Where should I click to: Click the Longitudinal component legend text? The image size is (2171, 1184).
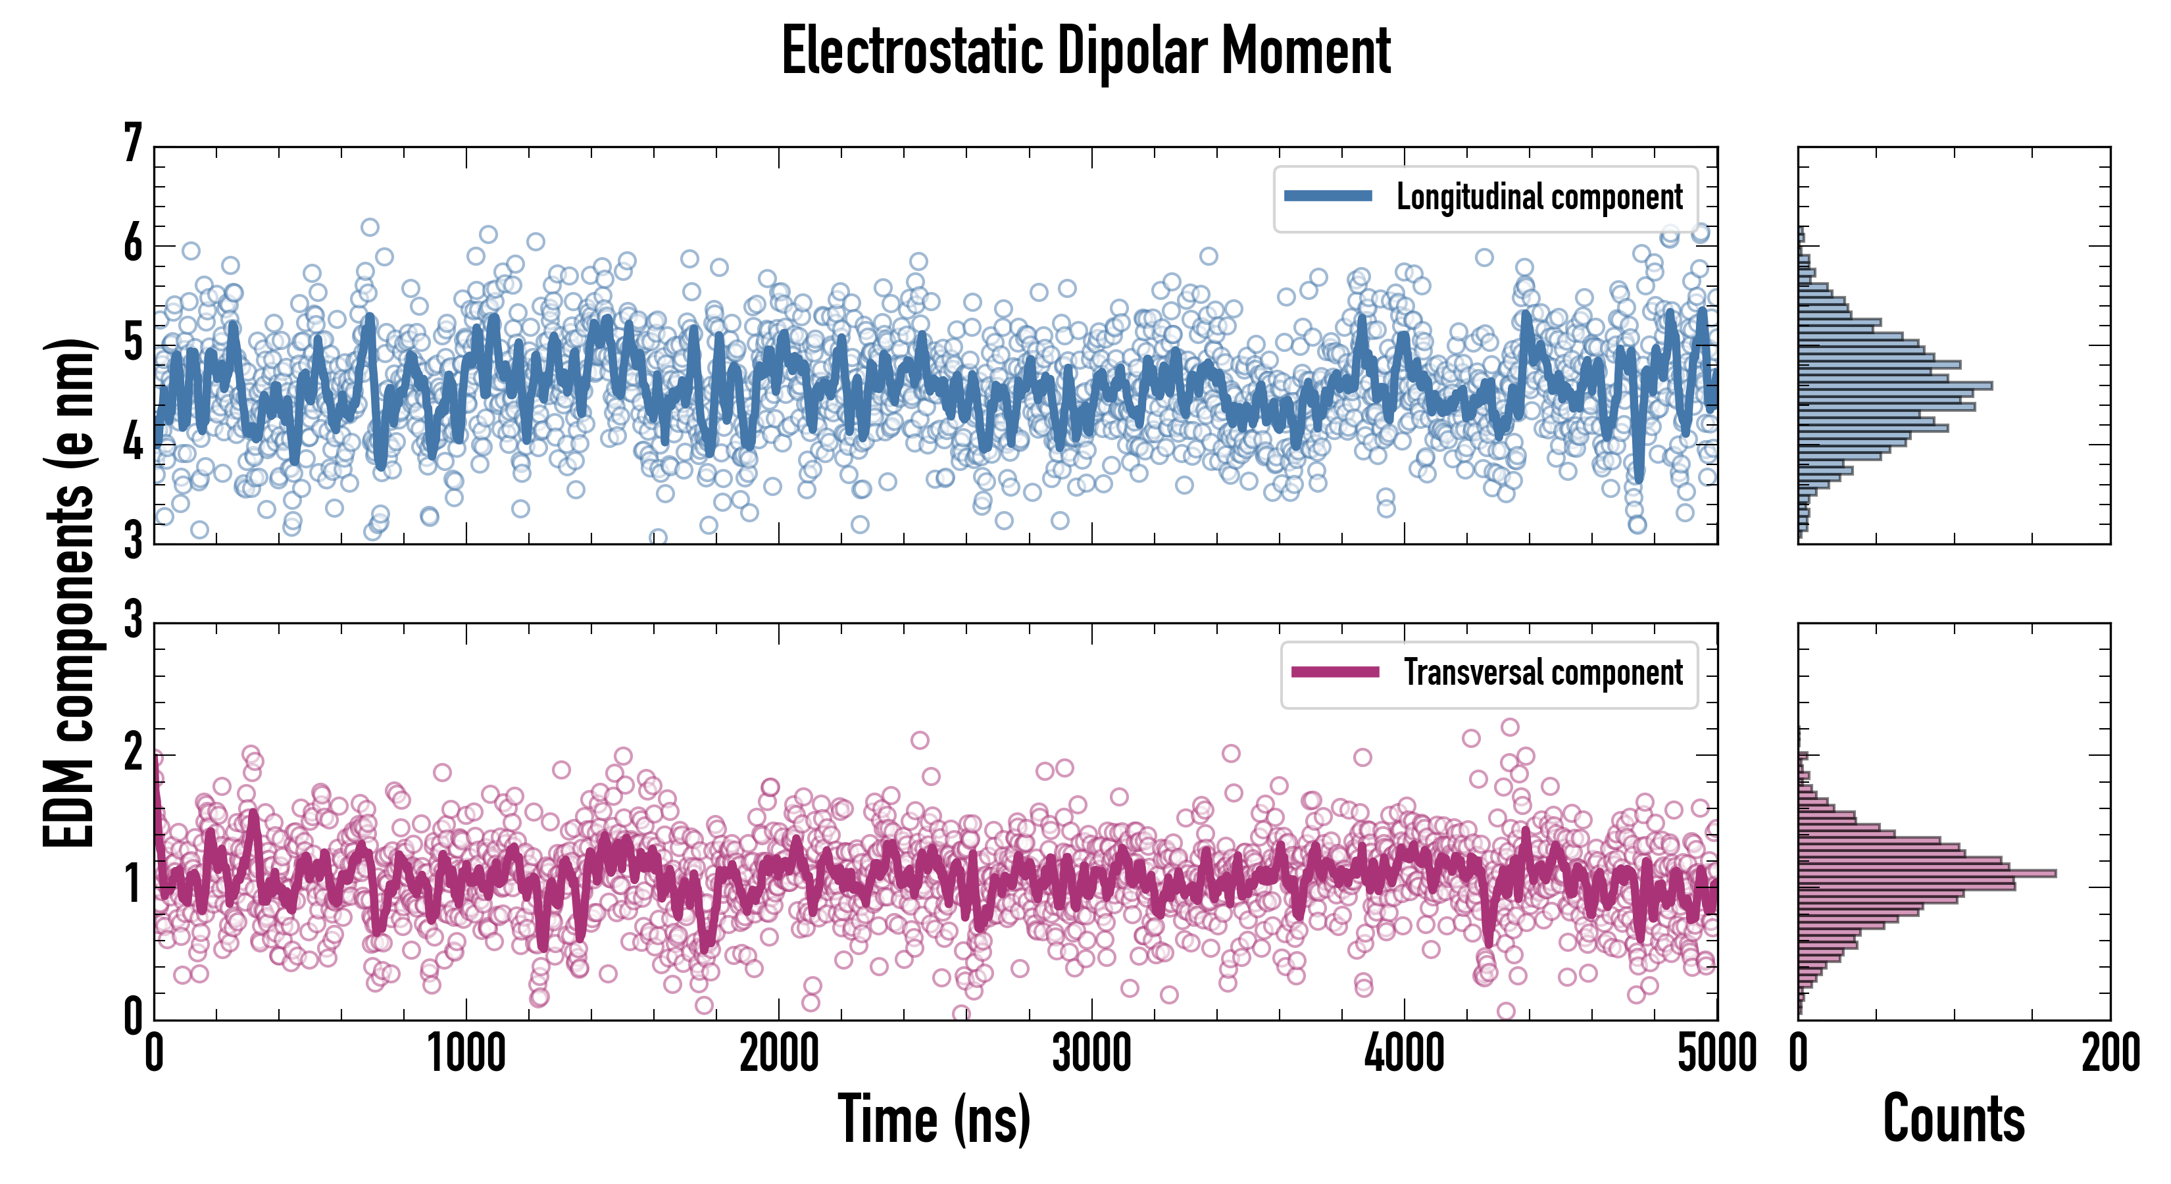(1539, 197)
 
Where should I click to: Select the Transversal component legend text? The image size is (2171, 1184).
(1542, 672)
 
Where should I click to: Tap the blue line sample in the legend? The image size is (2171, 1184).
(1328, 197)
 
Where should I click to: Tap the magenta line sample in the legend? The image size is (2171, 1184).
(1335, 672)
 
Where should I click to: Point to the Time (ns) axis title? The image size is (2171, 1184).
(934, 1119)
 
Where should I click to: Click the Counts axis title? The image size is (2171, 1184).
(1953, 1119)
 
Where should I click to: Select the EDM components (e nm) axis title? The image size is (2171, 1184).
(69, 593)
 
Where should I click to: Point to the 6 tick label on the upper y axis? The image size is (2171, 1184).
(133, 245)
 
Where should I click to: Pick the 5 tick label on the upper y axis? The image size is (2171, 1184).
(133, 344)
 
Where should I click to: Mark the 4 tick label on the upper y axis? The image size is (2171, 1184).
(133, 443)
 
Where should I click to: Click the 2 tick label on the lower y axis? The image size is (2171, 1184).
(133, 752)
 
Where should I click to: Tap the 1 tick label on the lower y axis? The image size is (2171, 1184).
(133, 885)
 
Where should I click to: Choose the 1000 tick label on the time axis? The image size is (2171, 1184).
(466, 1053)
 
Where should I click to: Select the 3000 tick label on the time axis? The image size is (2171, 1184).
(1091, 1053)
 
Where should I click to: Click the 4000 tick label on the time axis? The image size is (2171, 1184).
(1404, 1053)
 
